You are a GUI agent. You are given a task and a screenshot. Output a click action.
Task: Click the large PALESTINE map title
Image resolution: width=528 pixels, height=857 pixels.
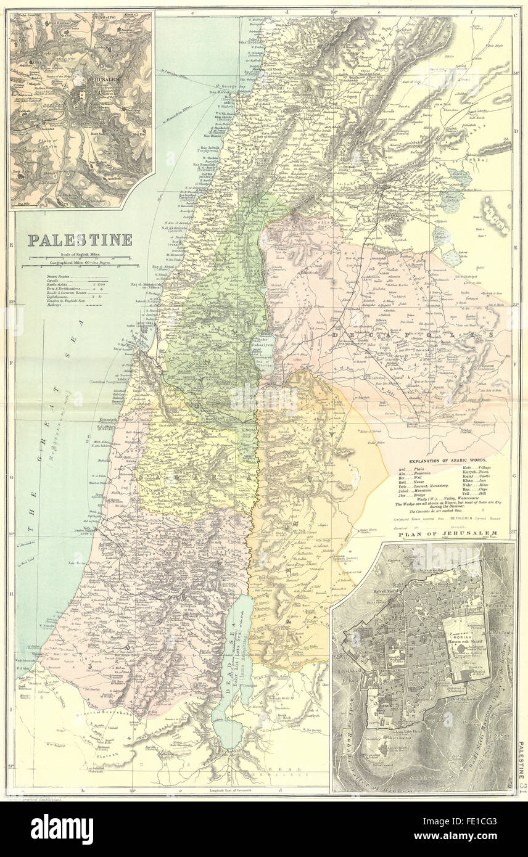(x=80, y=240)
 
